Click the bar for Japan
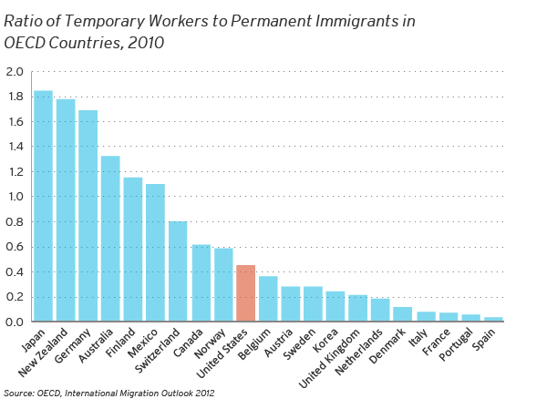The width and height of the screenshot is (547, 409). point(43,206)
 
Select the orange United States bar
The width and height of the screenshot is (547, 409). point(245,293)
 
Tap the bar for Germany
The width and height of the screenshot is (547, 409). point(88,216)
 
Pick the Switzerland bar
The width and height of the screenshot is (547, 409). point(178,271)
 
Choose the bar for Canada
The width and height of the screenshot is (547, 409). point(201,282)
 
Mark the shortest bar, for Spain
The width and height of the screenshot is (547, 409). point(492,319)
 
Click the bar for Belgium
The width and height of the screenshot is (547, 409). point(268,299)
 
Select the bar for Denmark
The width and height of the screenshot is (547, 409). point(402,314)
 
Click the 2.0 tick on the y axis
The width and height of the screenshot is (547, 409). point(15,72)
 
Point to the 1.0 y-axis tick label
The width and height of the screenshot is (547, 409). point(15,197)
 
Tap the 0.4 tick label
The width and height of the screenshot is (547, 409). point(15,271)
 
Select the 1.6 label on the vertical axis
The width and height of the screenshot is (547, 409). point(15,122)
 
